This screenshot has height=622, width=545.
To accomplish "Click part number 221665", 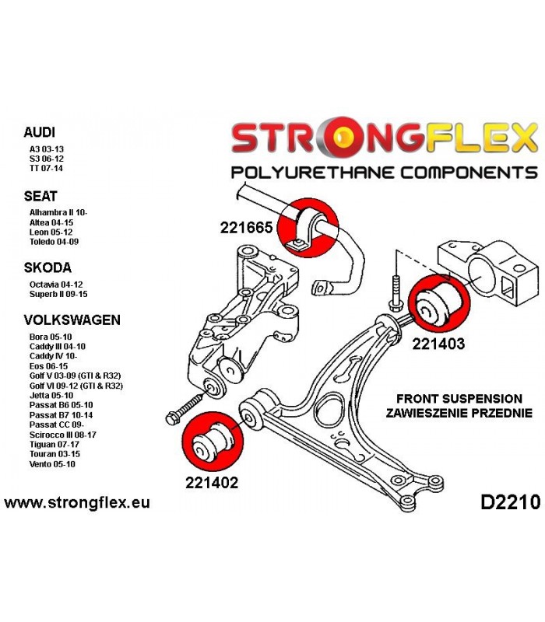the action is coord(246,227).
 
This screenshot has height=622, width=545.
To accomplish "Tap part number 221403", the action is coord(438,344).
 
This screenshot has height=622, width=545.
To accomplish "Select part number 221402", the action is coord(212,482).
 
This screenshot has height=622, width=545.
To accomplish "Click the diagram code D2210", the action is coord(511,502).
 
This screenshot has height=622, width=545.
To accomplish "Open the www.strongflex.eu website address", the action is coord(77,502).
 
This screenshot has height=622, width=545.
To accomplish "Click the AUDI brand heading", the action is coord(40,132).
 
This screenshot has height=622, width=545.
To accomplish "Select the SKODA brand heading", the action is coord(47,267).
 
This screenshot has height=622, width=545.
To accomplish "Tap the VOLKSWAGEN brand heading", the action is coord(72,320).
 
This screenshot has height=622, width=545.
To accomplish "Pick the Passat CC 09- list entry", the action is coord(56,425).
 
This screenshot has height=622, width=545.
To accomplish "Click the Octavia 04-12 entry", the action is coord(56,285).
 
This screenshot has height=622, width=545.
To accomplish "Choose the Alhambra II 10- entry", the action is coord(58,212).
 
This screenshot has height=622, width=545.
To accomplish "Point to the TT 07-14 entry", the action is coord(46,168).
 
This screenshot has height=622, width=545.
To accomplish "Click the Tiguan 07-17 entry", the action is coord(54,444).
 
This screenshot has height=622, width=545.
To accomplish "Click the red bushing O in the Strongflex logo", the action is coord(343,136).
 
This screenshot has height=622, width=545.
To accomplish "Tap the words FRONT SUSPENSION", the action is coord(459,399).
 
